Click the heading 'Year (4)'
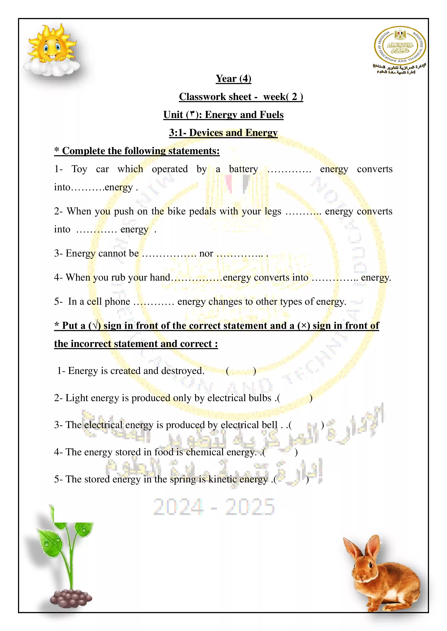click(x=233, y=79)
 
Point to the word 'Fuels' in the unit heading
click(x=272, y=115)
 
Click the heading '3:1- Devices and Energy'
click(x=223, y=133)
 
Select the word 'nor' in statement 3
click(x=206, y=253)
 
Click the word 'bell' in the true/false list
click(x=270, y=425)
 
